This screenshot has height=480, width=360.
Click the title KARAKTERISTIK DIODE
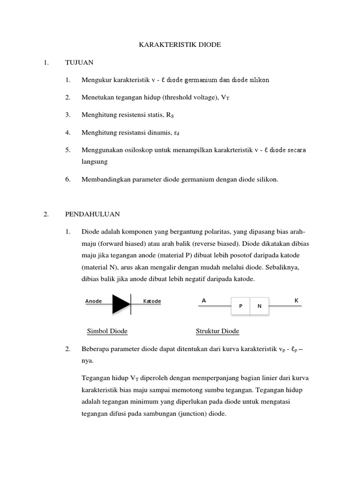point(180,45)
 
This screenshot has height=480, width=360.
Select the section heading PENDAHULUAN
point(92,214)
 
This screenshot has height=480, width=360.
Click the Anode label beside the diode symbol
point(93,301)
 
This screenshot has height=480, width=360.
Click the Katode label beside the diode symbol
point(152,301)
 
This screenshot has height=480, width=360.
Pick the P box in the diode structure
point(240,306)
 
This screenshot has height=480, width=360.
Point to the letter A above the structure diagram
point(204,300)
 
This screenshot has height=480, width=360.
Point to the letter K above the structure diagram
point(296,300)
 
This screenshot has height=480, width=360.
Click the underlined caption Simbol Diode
point(107,331)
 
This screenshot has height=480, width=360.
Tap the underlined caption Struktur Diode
point(217,331)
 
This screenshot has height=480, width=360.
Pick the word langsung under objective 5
point(95,162)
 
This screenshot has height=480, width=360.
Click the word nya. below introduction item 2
point(87,361)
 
